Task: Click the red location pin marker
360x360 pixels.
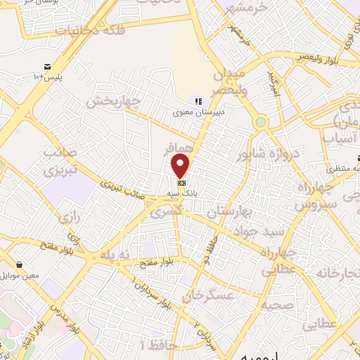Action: [x=181, y=165]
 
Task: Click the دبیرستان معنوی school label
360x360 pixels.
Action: [x=200, y=112]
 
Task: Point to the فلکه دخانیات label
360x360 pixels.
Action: [x=84, y=30]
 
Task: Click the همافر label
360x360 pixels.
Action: [x=179, y=150]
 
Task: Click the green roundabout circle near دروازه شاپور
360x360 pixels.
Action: [x=261, y=122]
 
